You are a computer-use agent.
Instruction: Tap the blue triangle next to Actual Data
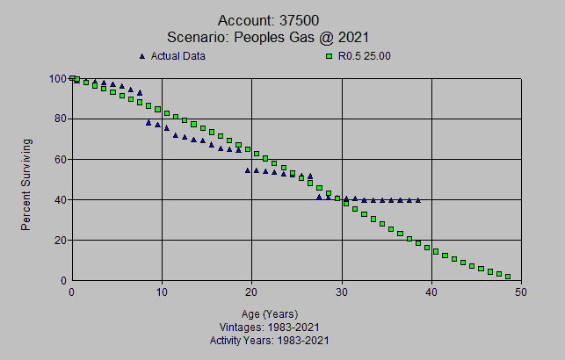pyautogui.click(x=142, y=56)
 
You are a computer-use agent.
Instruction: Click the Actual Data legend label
pyautogui.click(x=179, y=56)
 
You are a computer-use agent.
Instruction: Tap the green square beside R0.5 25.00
pyautogui.click(x=330, y=56)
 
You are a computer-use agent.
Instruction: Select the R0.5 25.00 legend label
pyautogui.click(x=364, y=56)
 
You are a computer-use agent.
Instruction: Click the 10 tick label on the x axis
pyautogui.click(x=162, y=293)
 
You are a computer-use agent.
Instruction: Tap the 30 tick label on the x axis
pyautogui.click(x=341, y=293)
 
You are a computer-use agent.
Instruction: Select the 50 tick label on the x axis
pyautogui.click(x=521, y=293)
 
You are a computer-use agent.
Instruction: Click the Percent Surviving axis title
pyautogui.click(x=27, y=184)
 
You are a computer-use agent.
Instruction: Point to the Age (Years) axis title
pyautogui.click(x=270, y=313)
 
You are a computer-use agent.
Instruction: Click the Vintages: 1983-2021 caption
pyautogui.click(x=270, y=327)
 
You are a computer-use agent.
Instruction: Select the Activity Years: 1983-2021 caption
pyautogui.click(x=270, y=340)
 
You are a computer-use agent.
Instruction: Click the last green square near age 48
pyautogui.click(x=508, y=277)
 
